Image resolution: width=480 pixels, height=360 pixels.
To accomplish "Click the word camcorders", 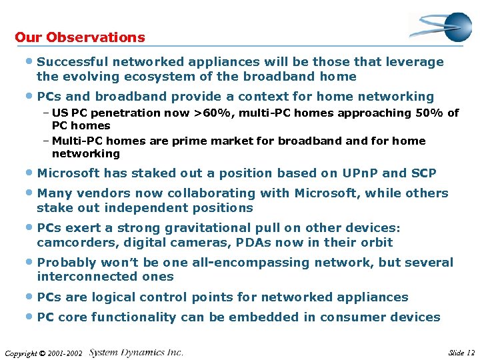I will point(73,243).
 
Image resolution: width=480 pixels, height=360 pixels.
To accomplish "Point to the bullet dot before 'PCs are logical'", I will point(31,297).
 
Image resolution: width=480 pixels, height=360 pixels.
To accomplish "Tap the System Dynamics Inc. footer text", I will point(136,352).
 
